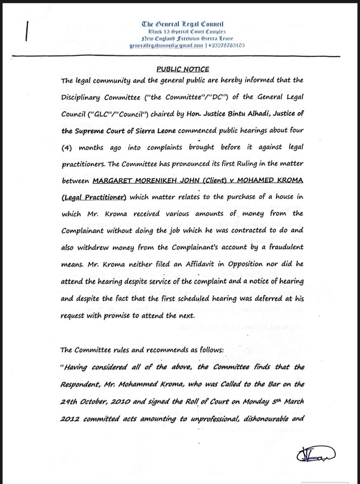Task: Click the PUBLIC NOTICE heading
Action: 182,69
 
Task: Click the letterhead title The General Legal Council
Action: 182,24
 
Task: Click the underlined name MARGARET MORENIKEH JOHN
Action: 144,181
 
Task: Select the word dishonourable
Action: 261,418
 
